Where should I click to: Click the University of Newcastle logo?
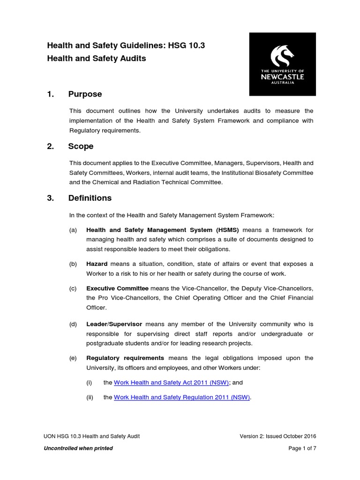coord(282,64)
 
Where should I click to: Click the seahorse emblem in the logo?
coord(283,55)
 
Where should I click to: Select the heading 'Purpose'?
coord(85,94)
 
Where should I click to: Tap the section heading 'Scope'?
coord(81,146)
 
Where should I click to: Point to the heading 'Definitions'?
coord(90,198)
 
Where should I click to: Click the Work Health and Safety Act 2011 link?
coord(171,382)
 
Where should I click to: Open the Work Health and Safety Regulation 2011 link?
coord(182,397)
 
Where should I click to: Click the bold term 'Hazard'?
coord(97,264)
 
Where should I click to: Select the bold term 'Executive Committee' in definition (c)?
coord(117,288)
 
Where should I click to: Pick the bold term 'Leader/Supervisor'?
coord(114,324)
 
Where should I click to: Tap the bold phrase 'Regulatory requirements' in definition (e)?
coord(125,358)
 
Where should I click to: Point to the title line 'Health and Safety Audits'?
coord(97,59)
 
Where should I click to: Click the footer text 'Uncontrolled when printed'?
coord(78,448)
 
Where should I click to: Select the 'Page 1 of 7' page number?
coord(302,448)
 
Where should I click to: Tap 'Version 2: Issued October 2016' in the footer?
coord(278,436)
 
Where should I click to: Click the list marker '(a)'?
coord(73,230)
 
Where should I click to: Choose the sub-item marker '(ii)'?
coord(90,397)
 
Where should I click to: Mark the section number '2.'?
coord(51,146)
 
